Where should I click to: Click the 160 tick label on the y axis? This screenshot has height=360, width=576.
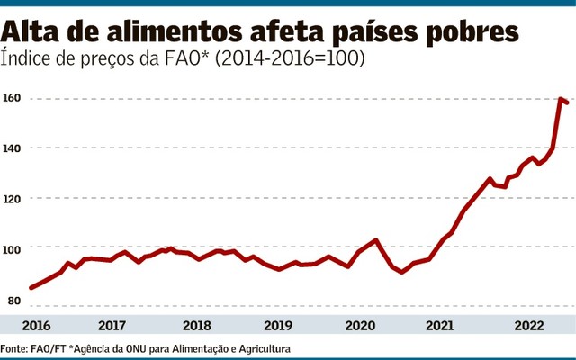point(12,97)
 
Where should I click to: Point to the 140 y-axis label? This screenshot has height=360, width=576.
point(12,148)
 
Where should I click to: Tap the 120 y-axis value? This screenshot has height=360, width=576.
point(12,197)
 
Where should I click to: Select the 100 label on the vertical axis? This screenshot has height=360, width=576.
point(12,247)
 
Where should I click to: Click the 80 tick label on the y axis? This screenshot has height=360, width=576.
point(10,299)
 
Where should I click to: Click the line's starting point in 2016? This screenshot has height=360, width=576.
point(31,288)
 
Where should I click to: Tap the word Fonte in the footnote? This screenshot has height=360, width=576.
point(14,348)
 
